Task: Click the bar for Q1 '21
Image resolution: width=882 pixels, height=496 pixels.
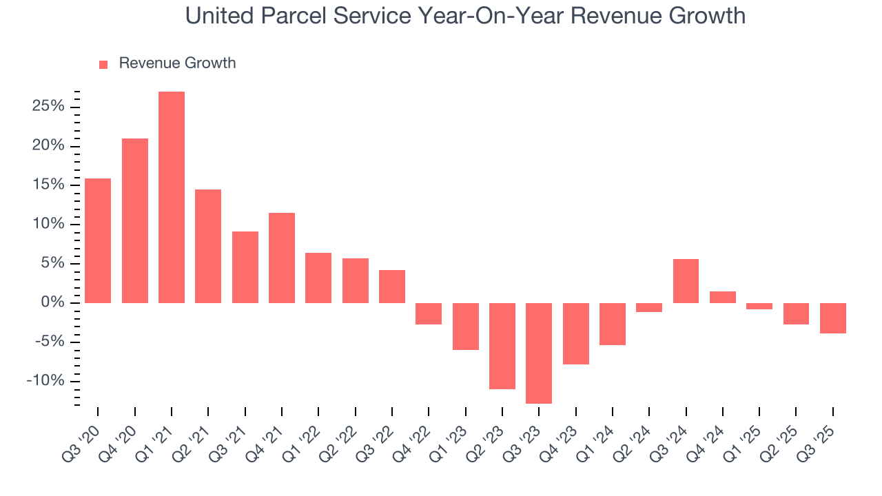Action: [x=172, y=197]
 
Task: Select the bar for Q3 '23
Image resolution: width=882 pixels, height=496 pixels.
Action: [x=539, y=353]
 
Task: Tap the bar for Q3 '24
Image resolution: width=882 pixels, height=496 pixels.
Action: [x=686, y=281]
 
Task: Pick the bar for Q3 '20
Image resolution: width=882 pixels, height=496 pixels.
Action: [x=98, y=240]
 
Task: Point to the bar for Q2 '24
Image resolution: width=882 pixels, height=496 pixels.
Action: [x=649, y=307]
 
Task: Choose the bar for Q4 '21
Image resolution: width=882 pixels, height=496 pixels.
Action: [x=282, y=258]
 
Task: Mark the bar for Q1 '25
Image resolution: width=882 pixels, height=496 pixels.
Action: [x=759, y=306]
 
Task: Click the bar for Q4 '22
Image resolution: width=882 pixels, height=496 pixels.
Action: [x=429, y=313]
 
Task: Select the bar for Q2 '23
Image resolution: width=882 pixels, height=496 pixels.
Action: [x=502, y=346]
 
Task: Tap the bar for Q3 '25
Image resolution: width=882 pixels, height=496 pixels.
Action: [x=833, y=318]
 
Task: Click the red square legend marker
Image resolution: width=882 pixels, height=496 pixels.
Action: [x=103, y=64]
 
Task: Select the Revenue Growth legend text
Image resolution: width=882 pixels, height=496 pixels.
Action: [x=177, y=63]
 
